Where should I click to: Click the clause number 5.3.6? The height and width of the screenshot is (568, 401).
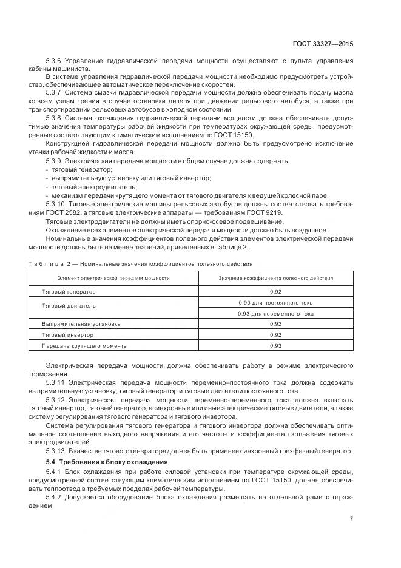[55, 61]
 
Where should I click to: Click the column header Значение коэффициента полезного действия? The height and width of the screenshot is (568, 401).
[275, 279]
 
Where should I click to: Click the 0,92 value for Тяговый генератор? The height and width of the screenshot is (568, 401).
[275, 292]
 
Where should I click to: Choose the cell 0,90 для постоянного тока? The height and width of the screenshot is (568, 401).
[275, 303]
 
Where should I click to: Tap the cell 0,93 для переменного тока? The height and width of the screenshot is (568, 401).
[275, 314]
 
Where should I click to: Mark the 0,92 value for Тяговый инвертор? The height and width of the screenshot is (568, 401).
[275, 334]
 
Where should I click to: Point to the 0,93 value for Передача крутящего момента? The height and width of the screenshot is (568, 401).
[275, 345]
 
